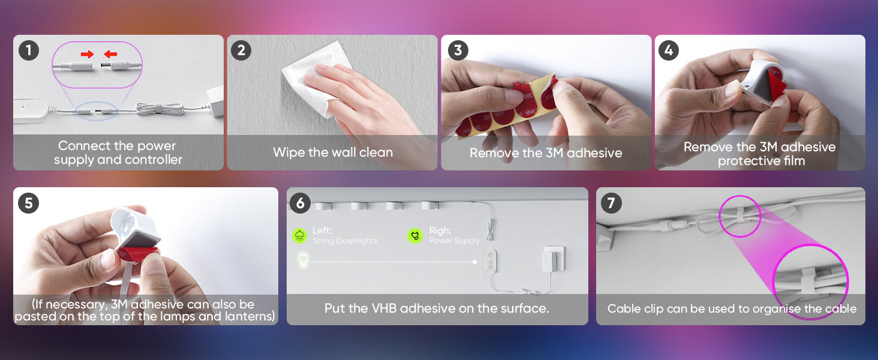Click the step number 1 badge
[x=29, y=50]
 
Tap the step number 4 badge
[x=669, y=50]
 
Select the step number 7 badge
[x=611, y=203]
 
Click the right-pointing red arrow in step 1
[x=88, y=54]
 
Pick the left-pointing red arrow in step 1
[x=110, y=54]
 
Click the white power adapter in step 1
[x=215, y=101]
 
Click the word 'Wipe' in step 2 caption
[x=289, y=152]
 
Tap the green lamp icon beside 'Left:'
[x=300, y=236]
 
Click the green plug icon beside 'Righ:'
[x=415, y=236]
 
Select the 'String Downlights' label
[x=345, y=241]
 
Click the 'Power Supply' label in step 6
[x=454, y=241]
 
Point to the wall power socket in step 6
[x=554, y=258]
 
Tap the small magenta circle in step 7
[x=740, y=216]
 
